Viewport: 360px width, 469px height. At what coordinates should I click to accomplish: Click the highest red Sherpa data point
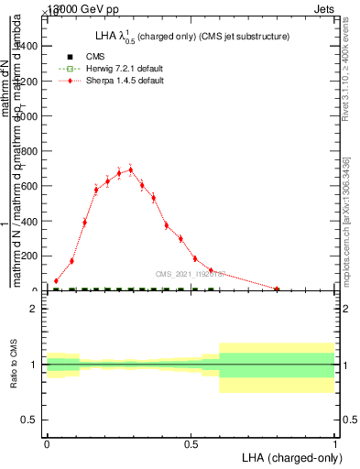(x=130, y=169)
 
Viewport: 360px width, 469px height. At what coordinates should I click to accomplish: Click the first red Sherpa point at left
(x=56, y=281)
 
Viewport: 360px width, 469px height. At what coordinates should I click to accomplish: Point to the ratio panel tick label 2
(x=33, y=309)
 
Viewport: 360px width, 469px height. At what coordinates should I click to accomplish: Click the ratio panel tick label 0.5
(x=29, y=420)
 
